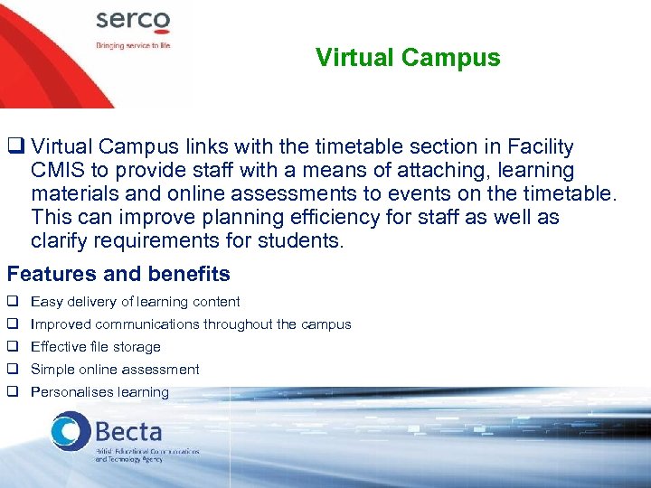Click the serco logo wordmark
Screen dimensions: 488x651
click(x=133, y=21)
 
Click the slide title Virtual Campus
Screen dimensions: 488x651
click(x=408, y=58)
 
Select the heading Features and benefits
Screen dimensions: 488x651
click(x=118, y=274)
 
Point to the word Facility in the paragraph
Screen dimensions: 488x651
click(x=540, y=146)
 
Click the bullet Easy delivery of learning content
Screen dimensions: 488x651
click(x=136, y=302)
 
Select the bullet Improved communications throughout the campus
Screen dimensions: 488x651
click(x=191, y=324)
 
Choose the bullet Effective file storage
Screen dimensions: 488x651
click(x=96, y=347)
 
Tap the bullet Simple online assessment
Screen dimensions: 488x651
click(x=115, y=370)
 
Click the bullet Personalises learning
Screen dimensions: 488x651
click(x=99, y=392)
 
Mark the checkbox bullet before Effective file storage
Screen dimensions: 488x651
click(x=13, y=347)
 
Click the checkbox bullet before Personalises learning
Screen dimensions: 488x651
click(x=13, y=392)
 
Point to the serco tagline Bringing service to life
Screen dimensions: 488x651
click(x=134, y=43)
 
